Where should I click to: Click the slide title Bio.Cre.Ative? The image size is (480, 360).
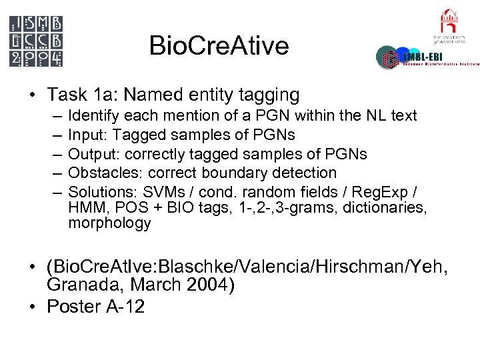click(x=219, y=46)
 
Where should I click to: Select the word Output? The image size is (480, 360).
click(x=91, y=154)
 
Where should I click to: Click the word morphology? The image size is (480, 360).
click(x=109, y=224)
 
